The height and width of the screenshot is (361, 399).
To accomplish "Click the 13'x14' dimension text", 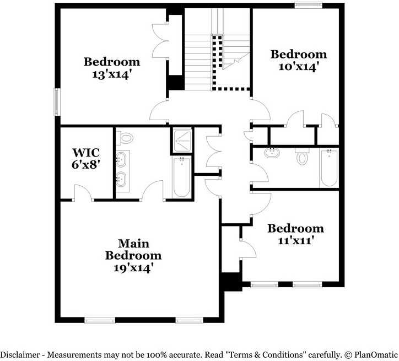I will coord(111,74).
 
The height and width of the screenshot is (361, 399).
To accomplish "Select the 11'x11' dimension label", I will coord(295,240).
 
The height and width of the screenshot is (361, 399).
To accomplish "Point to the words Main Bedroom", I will coord(133,249).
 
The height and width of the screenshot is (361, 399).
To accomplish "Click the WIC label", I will coord(85,152).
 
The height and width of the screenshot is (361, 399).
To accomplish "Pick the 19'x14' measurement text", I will coord(133,268).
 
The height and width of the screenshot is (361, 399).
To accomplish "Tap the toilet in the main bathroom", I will coord(127,137).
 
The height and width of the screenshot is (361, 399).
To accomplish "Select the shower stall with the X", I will coord(181,140).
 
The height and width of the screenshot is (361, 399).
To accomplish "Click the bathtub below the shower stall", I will coord(182,176).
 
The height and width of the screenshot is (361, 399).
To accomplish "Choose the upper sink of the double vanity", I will coord(122,160).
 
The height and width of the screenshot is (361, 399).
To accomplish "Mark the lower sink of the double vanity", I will coord(122,178).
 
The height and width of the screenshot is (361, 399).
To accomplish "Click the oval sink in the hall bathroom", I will coord(271,153).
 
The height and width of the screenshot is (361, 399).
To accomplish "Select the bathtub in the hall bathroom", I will coord(328,168).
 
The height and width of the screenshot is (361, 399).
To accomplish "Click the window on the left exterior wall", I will coord(57,102).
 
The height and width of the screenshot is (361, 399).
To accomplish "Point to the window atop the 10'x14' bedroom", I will coord(309,6).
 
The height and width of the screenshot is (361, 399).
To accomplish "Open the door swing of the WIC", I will coord(83,192).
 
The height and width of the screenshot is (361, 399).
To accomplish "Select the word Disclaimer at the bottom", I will coord(21,354).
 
